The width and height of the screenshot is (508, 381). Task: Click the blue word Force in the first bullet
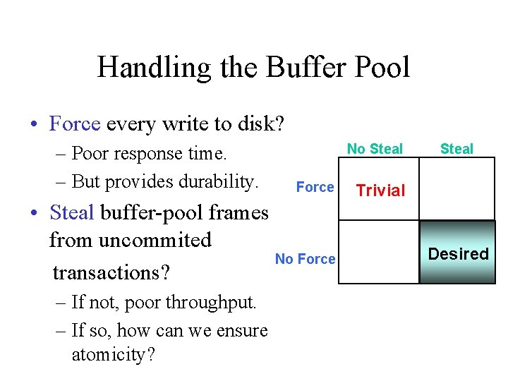click(x=75, y=124)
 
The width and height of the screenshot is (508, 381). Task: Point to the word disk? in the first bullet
click(x=260, y=124)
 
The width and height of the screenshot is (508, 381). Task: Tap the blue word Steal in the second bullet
click(x=72, y=212)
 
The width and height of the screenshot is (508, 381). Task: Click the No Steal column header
click(x=375, y=149)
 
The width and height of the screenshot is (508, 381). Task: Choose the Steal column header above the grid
click(x=456, y=149)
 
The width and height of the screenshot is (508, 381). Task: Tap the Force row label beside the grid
click(x=315, y=187)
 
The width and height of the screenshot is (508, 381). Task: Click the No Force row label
click(x=305, y=259)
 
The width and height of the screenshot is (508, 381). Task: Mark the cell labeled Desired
click(x=459, y=254)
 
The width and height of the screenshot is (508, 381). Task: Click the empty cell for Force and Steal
click(x=459, y=188)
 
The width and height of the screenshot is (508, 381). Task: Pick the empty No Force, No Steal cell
click(x=379, y=252)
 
